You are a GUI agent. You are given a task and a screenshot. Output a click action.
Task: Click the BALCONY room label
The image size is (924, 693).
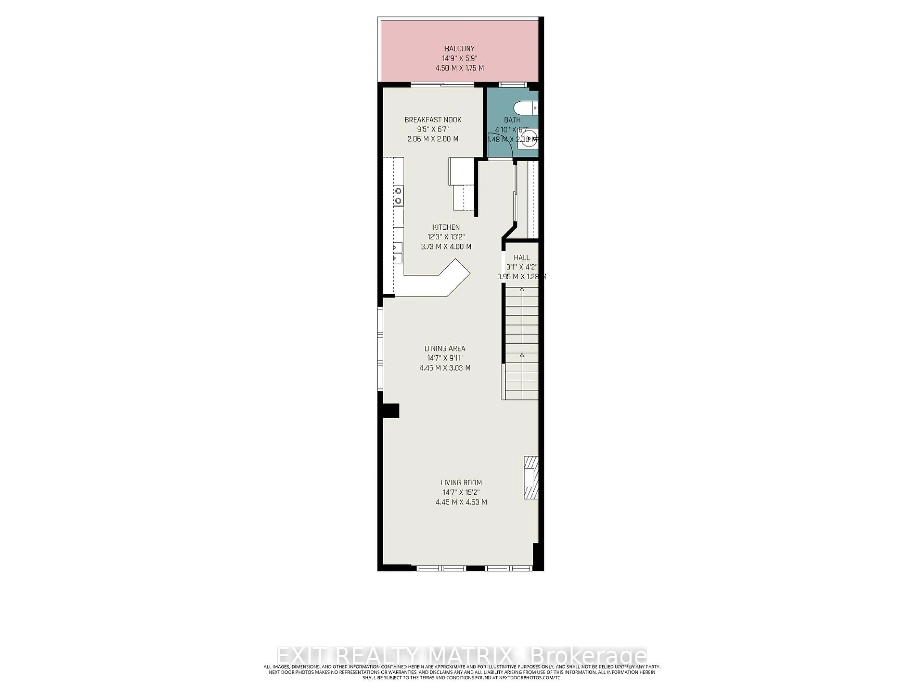pos(460,48)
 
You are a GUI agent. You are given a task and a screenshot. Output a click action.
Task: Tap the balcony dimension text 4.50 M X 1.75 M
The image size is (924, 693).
pos(460,68)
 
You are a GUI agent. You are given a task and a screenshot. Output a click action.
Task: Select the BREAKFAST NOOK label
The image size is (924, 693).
pos(433,120)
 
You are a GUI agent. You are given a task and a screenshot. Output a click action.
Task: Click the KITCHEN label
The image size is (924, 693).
pos(446,227)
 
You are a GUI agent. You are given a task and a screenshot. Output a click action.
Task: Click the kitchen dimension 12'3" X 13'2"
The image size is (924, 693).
pos(446,237)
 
